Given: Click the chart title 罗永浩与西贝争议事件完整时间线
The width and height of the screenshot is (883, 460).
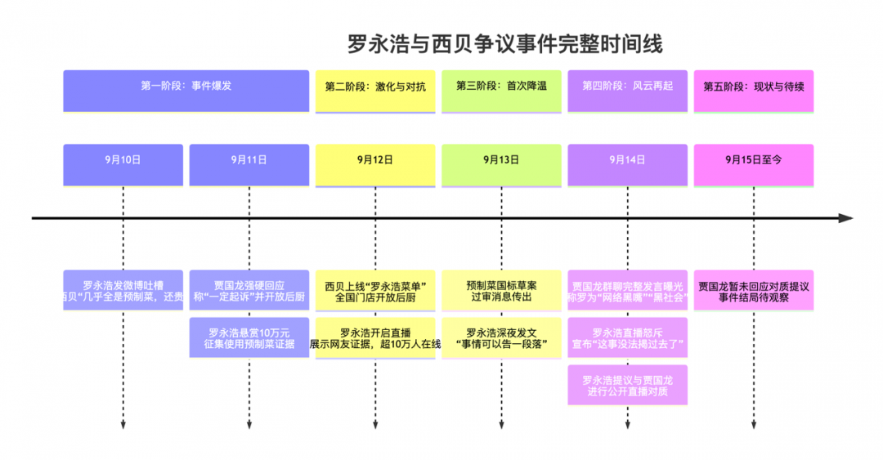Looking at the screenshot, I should (504, 44).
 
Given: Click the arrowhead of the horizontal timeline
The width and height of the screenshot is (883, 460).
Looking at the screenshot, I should (846, 218).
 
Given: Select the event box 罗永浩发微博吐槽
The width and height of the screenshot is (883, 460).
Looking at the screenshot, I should (123, 291).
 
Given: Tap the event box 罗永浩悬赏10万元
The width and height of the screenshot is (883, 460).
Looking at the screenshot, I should (249, 338).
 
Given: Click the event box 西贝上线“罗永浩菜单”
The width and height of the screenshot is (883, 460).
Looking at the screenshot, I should (375, 291).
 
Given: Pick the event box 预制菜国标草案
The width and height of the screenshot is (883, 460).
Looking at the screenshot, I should (501, 291).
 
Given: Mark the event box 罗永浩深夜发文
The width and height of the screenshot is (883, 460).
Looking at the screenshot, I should (501, 338).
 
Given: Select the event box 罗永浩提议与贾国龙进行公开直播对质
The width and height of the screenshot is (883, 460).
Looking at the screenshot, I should (627, 386).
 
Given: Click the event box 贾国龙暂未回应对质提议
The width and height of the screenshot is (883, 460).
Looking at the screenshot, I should (753, 291).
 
